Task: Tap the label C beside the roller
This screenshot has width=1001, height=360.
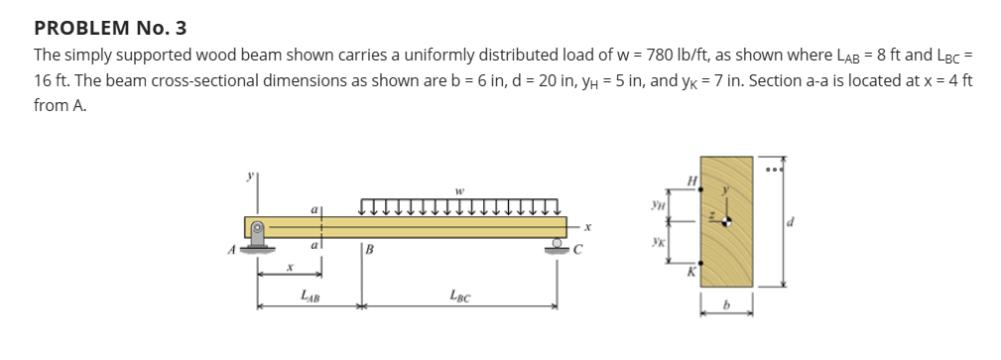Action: click(574, 250)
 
